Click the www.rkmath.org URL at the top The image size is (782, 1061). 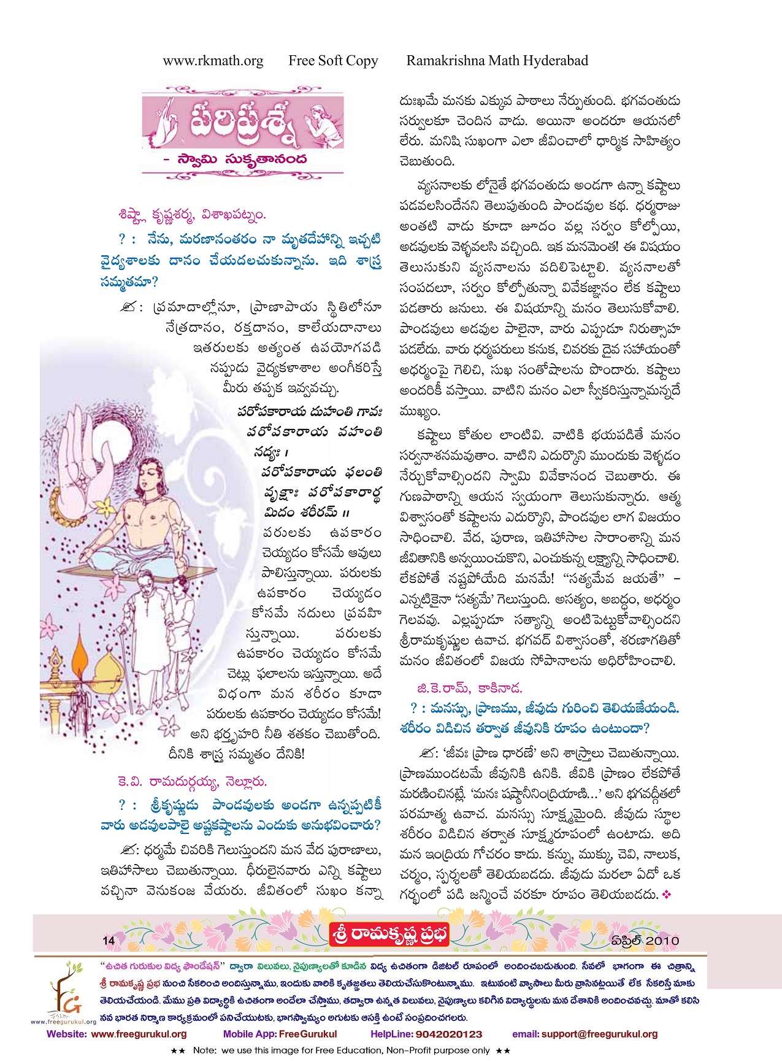click(x=213, y=61)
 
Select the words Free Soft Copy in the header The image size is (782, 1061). click(x=333, y=61)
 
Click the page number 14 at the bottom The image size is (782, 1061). click(x=109, y=940)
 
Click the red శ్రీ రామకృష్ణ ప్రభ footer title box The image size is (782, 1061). click(x=389, y=935)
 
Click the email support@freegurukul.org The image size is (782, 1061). click(x=585, y=1034)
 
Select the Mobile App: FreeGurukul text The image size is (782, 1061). click(x=280, y=1034)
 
